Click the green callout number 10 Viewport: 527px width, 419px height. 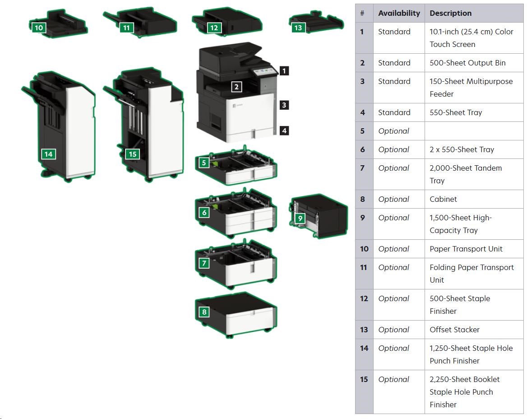click(x=39, y=28)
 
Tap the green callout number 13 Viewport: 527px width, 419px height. click(x=298, y=28)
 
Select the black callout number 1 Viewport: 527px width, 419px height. click(x=284, y=70)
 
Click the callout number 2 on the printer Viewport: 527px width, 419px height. click(x=236, y=87)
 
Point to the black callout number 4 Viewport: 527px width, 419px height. click(x=284, y=130)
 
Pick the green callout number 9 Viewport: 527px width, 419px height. click(x=300, y=219)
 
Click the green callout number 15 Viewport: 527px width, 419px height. click(x=132, y=154)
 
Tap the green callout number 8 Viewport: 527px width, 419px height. click(x=204, y=312)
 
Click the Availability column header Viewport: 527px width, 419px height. click(x=399, y=13)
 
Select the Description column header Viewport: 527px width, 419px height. click(x=450, y=13)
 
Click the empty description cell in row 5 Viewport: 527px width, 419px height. click(x=474, y=131)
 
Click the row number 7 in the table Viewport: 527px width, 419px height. click(x=363, y=168)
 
